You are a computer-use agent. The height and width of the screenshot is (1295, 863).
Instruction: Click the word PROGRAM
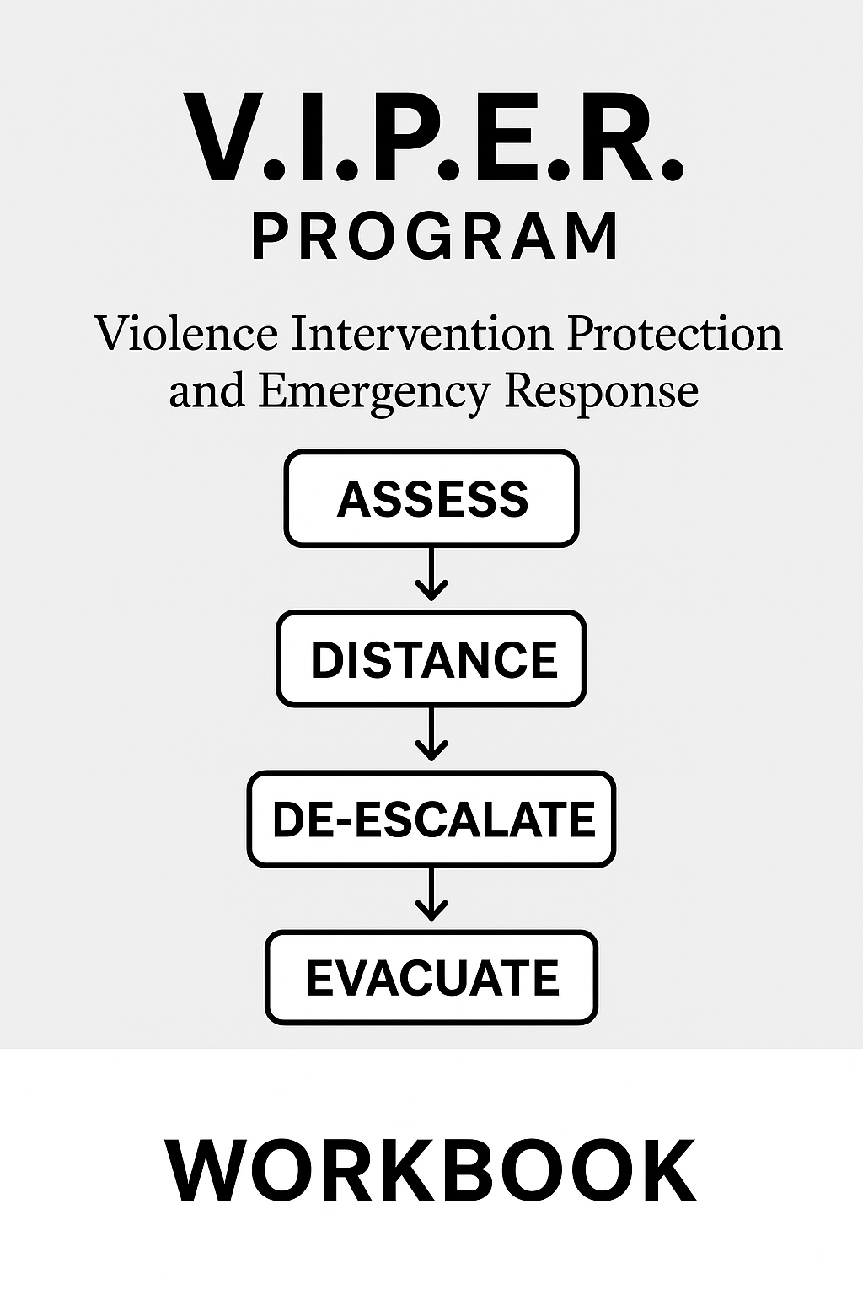[436, 237]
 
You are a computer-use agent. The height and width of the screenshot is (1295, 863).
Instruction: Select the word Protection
[674, 335]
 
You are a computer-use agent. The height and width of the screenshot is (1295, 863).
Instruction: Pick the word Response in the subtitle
[601, 392]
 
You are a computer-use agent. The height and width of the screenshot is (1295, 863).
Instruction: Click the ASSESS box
[431, 498]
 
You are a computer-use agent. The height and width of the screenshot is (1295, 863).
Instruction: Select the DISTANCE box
[431, 658]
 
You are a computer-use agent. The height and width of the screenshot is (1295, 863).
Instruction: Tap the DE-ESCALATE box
[431, 819]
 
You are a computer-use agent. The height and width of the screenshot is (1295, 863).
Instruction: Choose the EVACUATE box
[431, 977]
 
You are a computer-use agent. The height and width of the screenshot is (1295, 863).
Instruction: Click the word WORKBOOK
[431, 1171]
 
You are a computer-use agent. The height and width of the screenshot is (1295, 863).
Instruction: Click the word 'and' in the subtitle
[206, 390]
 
